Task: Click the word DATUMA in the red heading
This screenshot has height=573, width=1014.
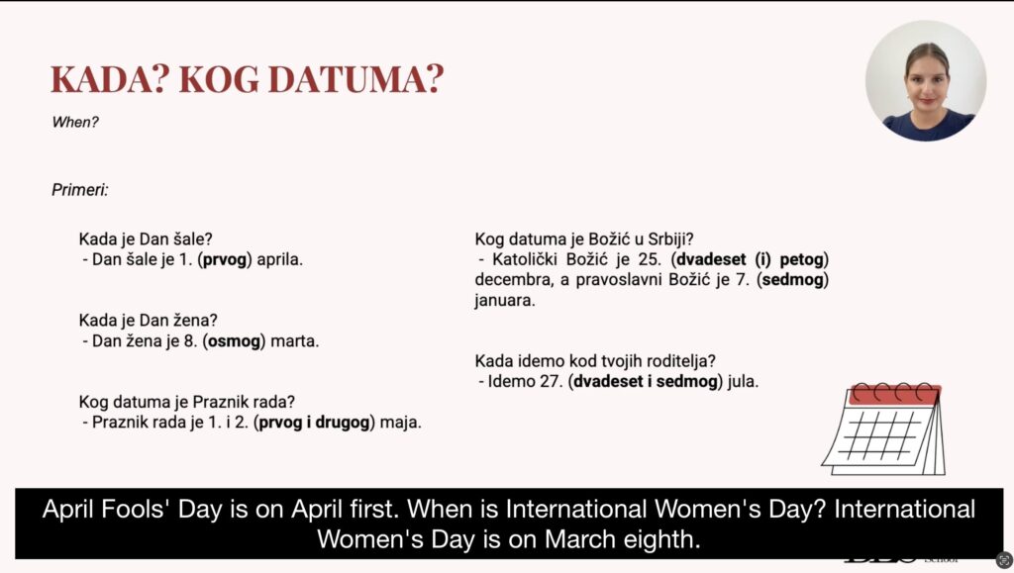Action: click(355, 79)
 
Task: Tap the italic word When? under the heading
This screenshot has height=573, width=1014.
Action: click(75, 122)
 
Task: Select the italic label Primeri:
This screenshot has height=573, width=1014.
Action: click(80, 190)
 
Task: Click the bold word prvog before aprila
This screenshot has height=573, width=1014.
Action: click(225, 259)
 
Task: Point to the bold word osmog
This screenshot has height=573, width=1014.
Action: click(234, 341)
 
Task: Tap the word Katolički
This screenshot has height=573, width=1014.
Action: click(523, 259)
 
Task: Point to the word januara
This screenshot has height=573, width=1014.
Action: click(505, 301)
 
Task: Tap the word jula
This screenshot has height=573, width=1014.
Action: click(743, 382)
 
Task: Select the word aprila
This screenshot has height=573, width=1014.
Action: click(279, 259)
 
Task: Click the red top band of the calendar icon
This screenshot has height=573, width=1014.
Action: click(894, 394)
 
